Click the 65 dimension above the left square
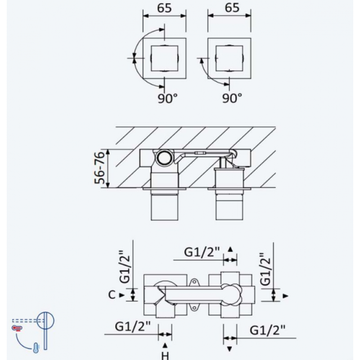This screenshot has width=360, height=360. [164, 8]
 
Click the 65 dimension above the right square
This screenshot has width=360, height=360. [232, 8]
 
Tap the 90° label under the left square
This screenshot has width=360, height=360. [167, 98]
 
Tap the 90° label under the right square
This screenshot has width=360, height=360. [232, 98]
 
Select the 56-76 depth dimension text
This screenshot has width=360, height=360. [100, 167]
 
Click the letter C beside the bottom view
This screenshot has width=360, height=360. [112, 295]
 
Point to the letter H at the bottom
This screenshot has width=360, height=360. [165, 355]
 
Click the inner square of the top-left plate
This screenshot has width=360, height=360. [164, 58]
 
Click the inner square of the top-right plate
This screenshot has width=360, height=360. [229, 58]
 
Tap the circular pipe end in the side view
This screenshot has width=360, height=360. [164, 158]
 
